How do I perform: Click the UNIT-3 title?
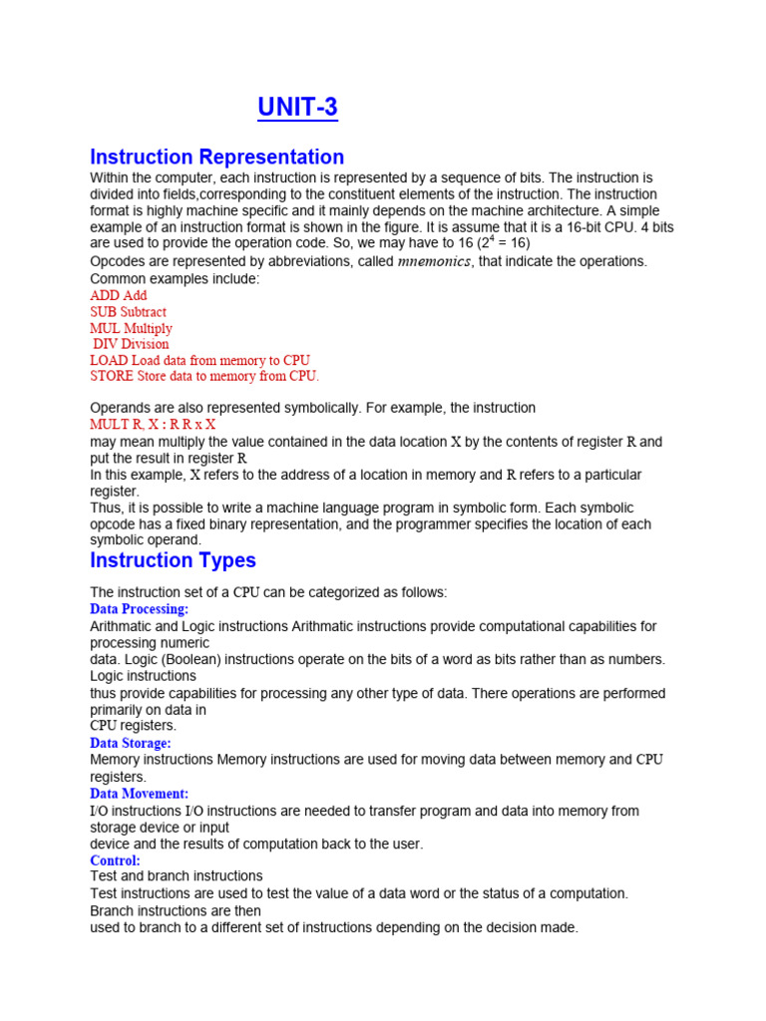[297, 108]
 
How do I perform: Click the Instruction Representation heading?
[216, 157]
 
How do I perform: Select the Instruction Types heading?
[173, 559]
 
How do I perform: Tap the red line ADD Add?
[118, 295]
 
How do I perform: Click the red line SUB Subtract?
[128, 312]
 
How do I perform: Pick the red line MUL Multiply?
[131, 328]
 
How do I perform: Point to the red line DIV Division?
[131, 344]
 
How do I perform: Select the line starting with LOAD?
[199, 360]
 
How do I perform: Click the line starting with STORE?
[204, 376]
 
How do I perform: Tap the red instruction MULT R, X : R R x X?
[153, 424]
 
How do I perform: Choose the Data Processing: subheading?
[139, 608]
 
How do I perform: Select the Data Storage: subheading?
[131, 743]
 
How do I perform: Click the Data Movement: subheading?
[139, 794]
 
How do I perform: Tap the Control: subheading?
[115, 859]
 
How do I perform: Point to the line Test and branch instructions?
[177, 876]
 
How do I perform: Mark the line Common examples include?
[175, 279]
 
